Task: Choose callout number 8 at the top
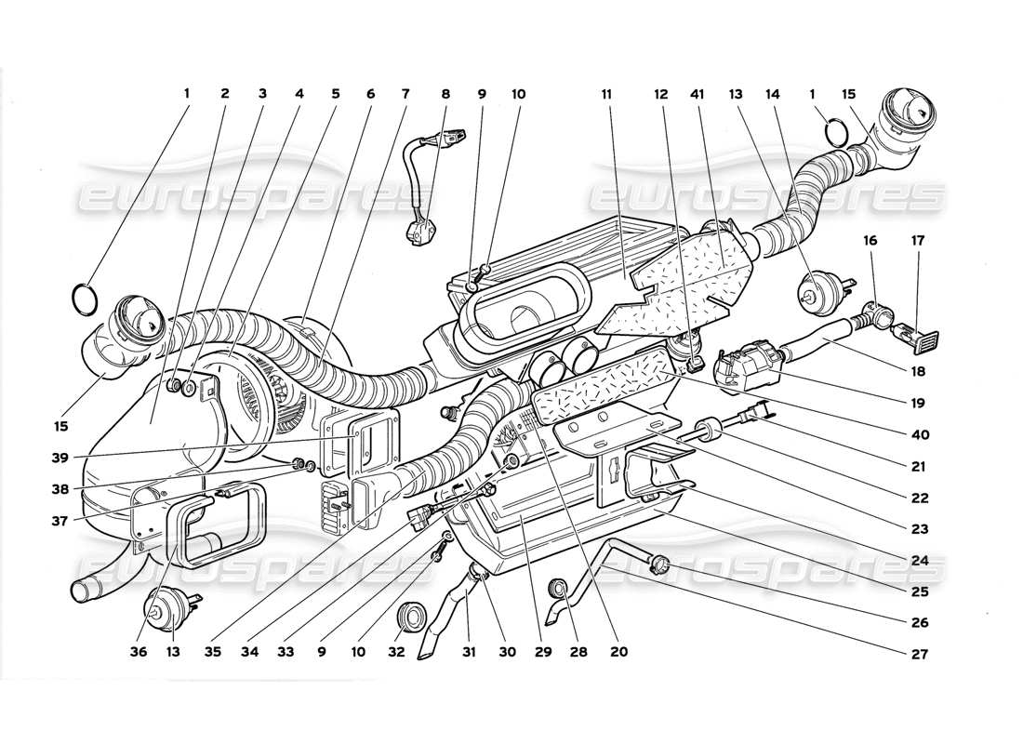(445, 94)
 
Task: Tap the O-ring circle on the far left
(84, 299)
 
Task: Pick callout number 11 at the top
(605, 94)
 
